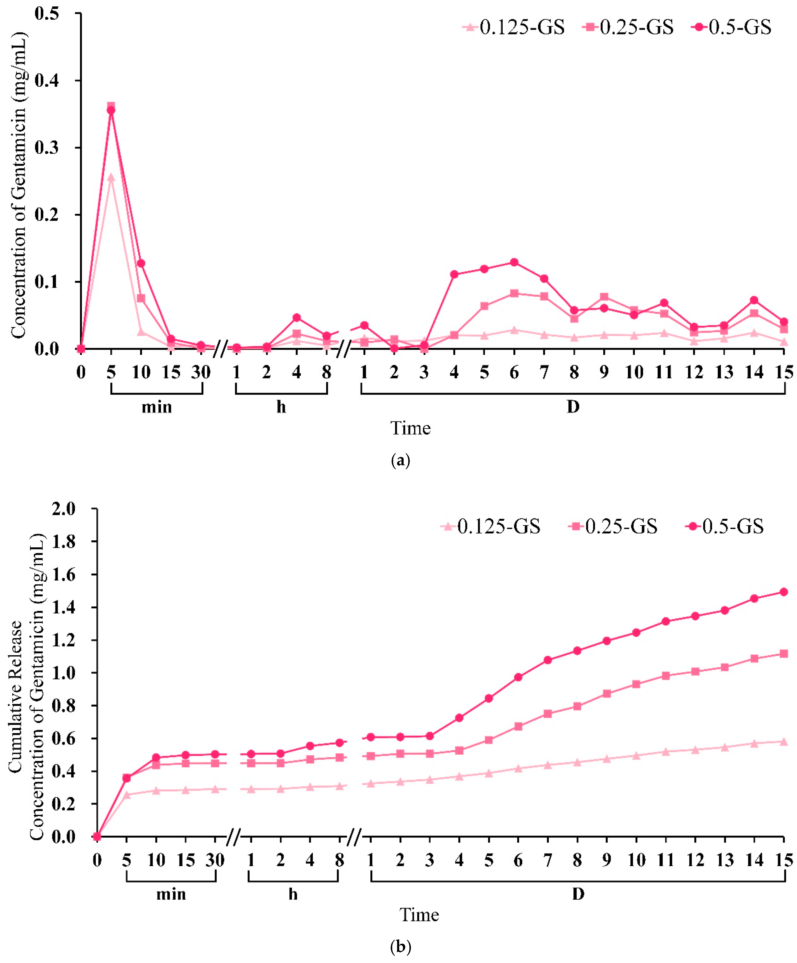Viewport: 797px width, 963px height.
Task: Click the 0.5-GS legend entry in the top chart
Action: click(x=731, y=28)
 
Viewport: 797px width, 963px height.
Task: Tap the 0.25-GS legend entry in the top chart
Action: click(x=628, y=28)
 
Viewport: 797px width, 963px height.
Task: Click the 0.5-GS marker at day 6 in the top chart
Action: click(x=514, y=262)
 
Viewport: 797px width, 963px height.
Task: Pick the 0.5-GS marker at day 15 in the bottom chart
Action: click(x=784, y=592)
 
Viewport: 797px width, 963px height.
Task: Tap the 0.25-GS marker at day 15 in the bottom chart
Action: click(x=784, y=653)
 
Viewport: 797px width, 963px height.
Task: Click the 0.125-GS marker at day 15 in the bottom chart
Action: click(x=784, y=742)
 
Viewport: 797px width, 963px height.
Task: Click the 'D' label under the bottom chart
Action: click(x=578, y=894)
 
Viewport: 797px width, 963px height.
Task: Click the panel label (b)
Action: click(x=400, y=947)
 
